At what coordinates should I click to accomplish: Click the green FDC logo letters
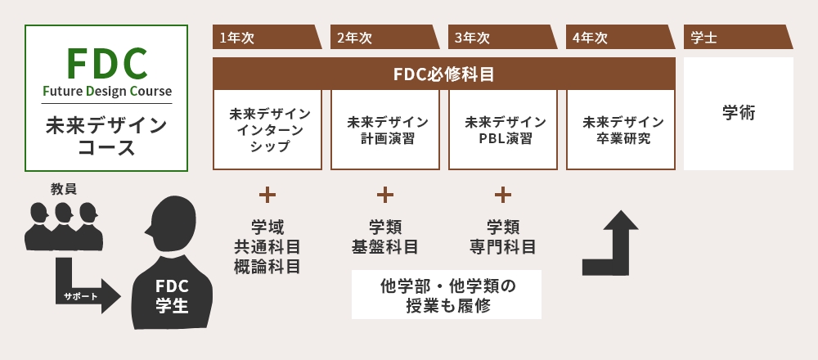click(106, 62)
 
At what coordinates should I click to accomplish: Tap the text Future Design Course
click(106, 91)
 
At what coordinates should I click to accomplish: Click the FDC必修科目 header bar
click(444, 74)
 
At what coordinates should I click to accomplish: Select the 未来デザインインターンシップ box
click(267, 129)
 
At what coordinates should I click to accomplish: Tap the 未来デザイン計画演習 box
click(385, 129)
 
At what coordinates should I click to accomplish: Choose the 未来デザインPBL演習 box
click(503, 129)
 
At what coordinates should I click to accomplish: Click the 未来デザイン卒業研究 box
click(621, 129)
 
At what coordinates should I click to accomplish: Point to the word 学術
click(739, 113)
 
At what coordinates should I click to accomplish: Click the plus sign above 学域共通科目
click(267, 195)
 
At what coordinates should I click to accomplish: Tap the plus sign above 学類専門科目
click(503, 195)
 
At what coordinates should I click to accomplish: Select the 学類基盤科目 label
click(385, 236)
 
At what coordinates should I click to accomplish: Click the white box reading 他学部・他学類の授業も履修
click(447, 295)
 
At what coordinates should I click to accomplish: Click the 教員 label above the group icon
click(64, 189)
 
